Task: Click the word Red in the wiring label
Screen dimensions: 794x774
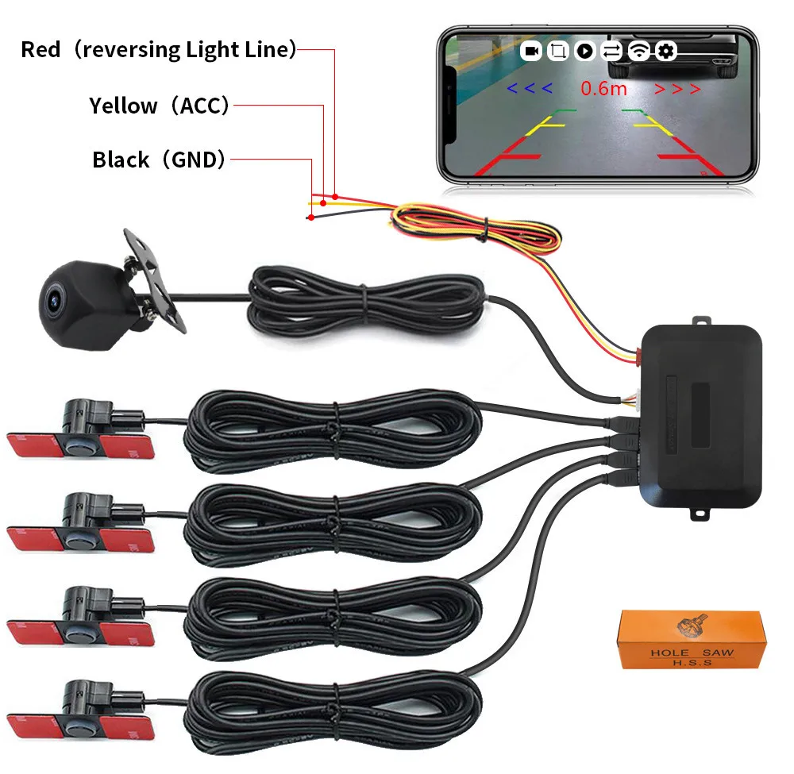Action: [x=40, y=50]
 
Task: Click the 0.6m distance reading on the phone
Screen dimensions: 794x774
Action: [x=603, y=88]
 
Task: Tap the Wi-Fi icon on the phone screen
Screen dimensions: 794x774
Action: [x=638, y=52]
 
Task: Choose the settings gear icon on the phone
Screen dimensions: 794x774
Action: [x=665, y=52]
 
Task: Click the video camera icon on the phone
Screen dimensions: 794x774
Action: [x=532, y=52]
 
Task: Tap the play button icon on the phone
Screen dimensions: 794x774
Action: [x=585, y=52]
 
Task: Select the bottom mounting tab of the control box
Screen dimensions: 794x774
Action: [x=701, y=515]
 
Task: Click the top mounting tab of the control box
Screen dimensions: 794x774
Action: [x=700, y=322]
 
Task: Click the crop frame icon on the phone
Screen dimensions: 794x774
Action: [x=558, y=52]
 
